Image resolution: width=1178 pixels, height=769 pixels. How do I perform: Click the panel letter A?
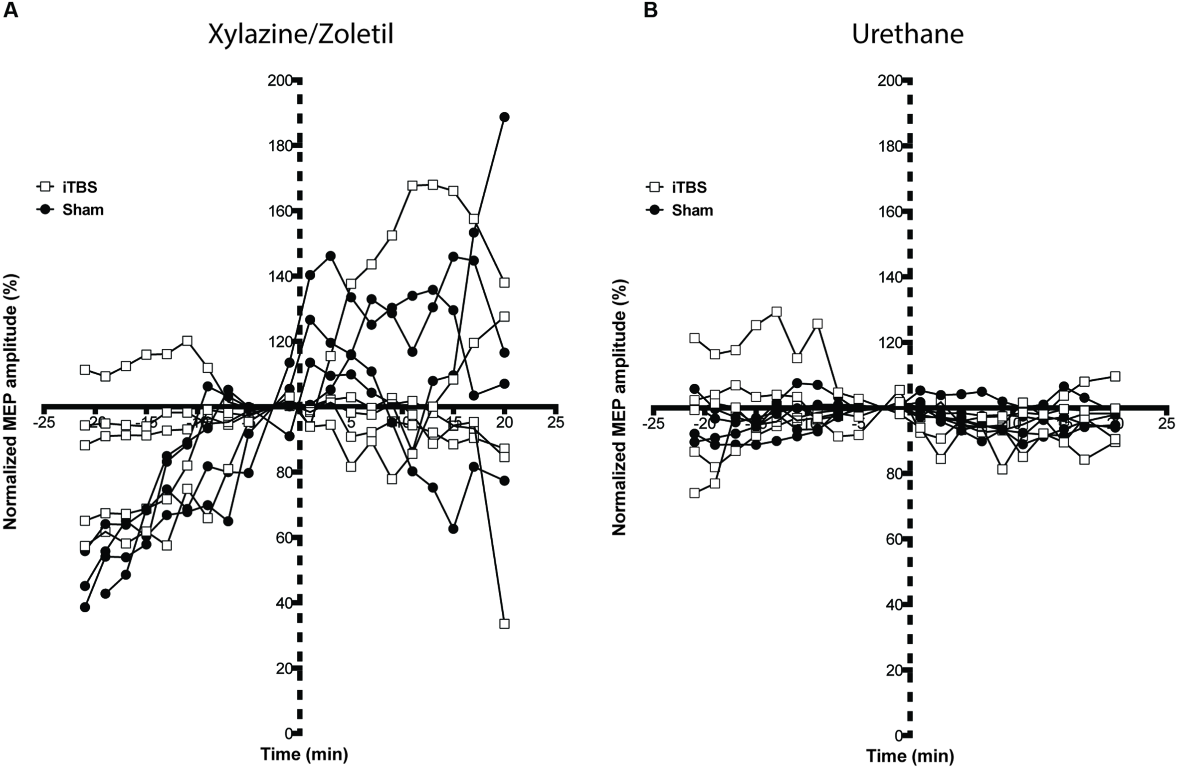(10, 10)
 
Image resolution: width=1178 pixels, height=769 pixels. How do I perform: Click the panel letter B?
(650, 10)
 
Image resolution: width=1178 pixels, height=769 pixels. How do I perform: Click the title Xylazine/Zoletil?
(301, 34)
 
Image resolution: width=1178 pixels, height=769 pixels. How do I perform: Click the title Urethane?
(907, 34)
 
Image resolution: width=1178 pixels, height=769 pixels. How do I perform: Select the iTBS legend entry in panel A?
(79, 187)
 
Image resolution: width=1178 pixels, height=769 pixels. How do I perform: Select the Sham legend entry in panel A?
(82, 210)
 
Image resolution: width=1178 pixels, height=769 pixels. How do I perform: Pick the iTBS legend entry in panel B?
(689, 187)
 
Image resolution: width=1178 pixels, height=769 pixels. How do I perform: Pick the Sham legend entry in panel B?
(692, 210)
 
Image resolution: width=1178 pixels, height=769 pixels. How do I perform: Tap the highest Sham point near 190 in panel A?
(504, 117)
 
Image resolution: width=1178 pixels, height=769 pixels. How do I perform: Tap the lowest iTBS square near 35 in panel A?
(504, 624)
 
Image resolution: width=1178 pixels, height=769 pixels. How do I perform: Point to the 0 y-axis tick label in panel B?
(898, 736)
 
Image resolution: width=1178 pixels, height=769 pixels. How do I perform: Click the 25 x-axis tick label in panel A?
(556, 423)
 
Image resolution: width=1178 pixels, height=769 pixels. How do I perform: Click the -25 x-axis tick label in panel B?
(653, 424)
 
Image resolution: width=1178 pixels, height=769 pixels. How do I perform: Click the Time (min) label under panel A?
(304, 755)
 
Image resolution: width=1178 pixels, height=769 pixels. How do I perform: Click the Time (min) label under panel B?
(910, 756)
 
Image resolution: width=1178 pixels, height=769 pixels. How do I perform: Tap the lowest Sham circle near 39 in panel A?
(85, 607)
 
